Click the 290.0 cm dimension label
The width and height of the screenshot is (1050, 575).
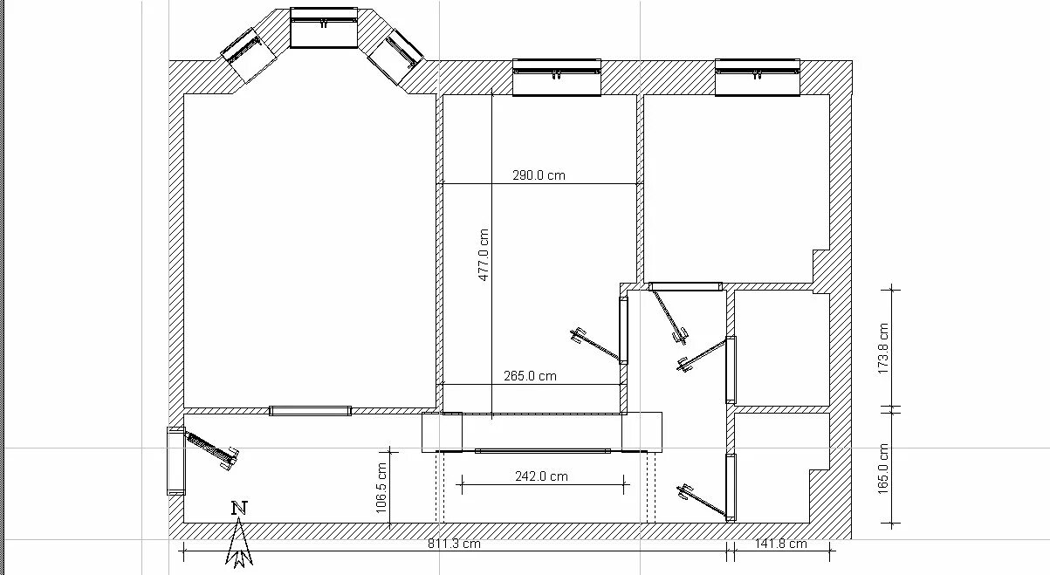click(x=539, y=175)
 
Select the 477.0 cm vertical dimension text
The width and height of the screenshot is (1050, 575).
click(x=484, y=255)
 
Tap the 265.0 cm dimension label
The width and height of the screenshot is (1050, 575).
click(x=530, y=376)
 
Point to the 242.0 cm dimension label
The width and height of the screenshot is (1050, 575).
click(x=541, y=476)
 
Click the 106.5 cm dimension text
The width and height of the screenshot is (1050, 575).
click(x=381, y=488)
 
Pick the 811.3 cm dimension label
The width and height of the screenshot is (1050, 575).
click(x=454, y=544)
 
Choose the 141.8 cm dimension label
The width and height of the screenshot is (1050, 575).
click(x=781, y=544)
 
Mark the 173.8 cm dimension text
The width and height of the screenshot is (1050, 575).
click(x=883, y=349)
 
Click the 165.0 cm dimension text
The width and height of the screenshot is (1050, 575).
click(x=883, y=469)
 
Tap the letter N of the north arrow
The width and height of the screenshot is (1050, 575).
click(x=239, y=509)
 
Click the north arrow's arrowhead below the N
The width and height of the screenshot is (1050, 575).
click(x=239, y=544)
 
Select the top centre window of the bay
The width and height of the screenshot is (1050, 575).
click(x=324, y=28)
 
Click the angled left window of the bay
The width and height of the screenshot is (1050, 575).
click(x=248, y=56)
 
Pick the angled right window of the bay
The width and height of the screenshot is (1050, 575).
click(x=395, y=57)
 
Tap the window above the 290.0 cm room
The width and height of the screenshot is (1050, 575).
click(x=556, y=78)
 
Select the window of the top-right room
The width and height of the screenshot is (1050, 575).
click(x=758, y=78)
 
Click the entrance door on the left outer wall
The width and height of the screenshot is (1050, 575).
click(x=176, y=461)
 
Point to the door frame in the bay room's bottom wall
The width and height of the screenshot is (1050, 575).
click(x=311, y=411)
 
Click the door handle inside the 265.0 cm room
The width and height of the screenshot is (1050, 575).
click(x=579, y=336)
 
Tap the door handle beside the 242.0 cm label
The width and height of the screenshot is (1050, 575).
click(x=684, y=493)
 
